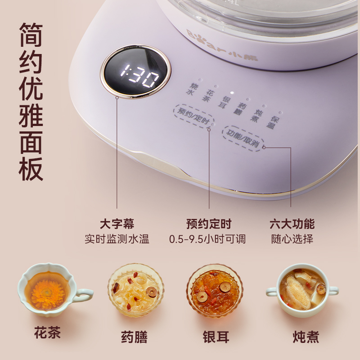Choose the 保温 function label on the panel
click(273, 122)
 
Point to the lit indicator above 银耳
click(232, 93)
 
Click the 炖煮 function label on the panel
click(256, 116)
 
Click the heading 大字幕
click(117, 224)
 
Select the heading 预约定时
click(209, 224)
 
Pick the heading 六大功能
click(292, 224)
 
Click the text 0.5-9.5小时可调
click(207, 239)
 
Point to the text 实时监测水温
click(117, 239)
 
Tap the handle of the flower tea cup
click(84, 295)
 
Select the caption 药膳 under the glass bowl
click(134, 337)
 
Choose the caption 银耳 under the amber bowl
click(216, 337)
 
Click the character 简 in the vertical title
click(31, 35)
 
